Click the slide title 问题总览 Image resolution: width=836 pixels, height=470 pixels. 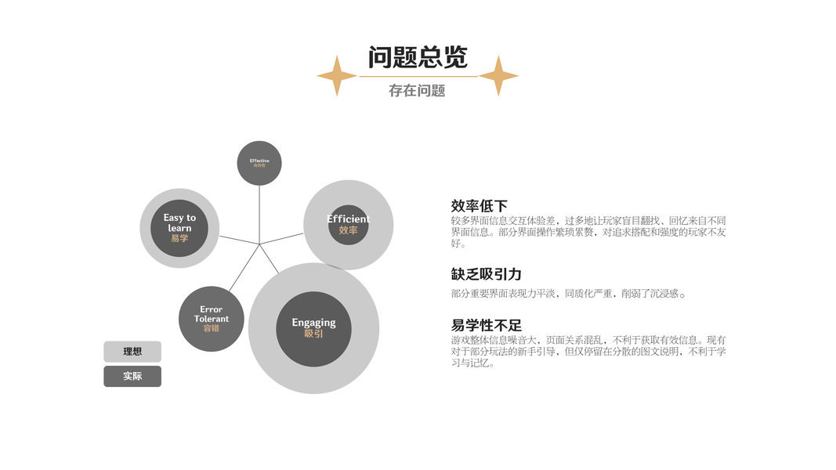418,57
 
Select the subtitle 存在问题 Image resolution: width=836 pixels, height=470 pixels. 417,91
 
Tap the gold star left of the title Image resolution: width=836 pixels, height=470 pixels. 337,76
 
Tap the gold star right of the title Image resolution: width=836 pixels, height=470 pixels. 498,76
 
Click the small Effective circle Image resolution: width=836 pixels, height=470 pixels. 259,163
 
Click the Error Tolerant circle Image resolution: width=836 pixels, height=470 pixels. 211,319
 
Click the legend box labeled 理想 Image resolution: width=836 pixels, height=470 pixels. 132,352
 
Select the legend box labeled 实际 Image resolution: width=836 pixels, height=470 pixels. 132,376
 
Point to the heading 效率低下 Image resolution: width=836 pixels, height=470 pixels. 480,206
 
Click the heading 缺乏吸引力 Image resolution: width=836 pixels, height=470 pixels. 486,274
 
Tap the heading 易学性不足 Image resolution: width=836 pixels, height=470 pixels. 486,325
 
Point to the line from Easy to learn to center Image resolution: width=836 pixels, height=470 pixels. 239,240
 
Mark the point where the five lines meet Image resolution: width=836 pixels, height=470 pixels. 259,244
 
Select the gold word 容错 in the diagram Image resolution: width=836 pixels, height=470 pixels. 211,328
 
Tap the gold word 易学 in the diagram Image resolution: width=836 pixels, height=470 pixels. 179,238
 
